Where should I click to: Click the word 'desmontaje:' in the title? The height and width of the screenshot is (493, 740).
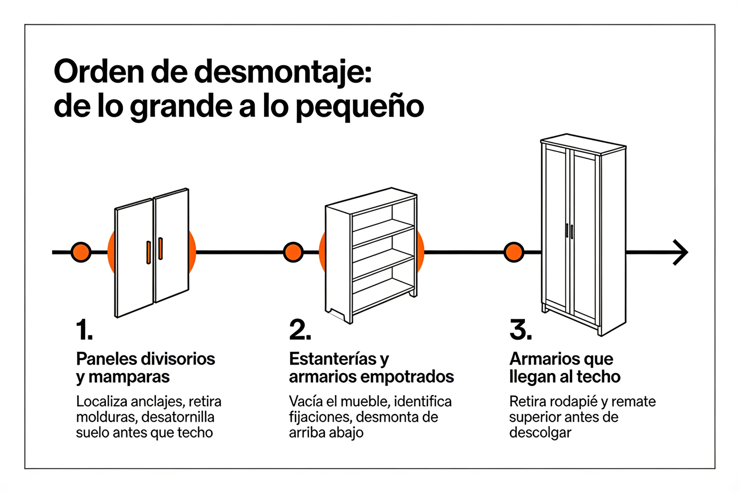click(x=283, y=72)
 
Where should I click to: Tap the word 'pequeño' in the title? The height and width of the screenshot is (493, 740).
click(x=360, y=107)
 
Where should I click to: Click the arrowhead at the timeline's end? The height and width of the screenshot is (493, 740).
click(x=681, y=252)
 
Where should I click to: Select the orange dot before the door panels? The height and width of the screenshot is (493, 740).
click(x=81, y=252)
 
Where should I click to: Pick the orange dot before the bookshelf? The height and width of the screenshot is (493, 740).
click(x=293, y=252)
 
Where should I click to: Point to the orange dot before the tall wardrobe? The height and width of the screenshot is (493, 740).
click(x=514, y=252)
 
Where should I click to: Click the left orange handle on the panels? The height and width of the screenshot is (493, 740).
click(x=149, y=252)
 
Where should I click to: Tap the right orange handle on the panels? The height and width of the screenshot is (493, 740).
click(x=160, y=248)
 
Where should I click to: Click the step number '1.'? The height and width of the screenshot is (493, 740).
click(x=84, y=330)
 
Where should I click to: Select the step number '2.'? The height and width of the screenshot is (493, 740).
click(x=300, y=330)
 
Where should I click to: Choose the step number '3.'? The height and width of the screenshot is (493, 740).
click(x=521, y=330)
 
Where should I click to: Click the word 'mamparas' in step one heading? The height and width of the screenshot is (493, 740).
click(x=129, y=377)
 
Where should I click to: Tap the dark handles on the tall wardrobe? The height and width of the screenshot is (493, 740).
click(x=569, y=231)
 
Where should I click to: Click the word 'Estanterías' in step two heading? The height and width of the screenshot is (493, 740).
click(x=333, y=359)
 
